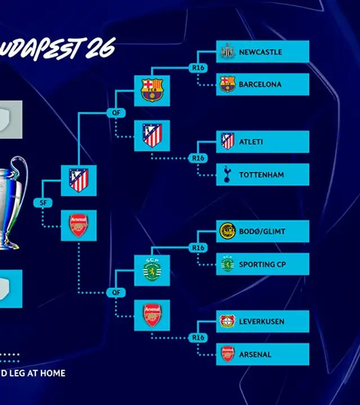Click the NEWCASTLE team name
click(260, 52)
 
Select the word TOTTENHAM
click(261, 175)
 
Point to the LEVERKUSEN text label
click(262, 322)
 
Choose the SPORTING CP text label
click(264, 264)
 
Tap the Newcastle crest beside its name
click(227, 51)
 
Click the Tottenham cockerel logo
click(227, 174)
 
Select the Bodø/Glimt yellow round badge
click(227, 231)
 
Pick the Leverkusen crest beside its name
click(227, 322)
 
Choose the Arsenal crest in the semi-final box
click(78, 225)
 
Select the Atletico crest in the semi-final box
click(78, 181)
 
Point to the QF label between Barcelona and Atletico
click(115, 112)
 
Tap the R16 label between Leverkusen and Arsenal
click(197, 338)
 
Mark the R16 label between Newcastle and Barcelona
click(197, 68)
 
